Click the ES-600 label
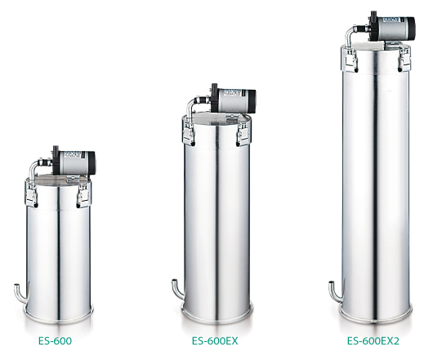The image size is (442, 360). click(55, 341)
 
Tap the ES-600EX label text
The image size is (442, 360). click(215, 341)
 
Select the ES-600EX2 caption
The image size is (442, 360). click(373, 341)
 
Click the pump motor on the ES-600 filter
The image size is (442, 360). click(74, 162)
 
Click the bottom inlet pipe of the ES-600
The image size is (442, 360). click(21, 294)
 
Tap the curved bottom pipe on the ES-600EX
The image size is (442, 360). click(178, 290)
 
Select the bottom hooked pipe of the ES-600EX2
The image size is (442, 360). click(336, 291)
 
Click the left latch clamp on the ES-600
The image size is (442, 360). click(31, 193)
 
